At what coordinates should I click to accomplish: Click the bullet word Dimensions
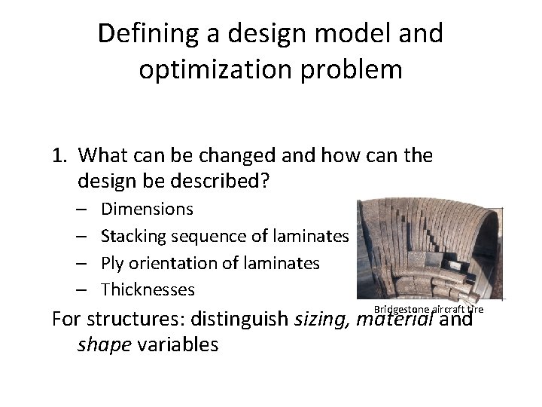click(147, 209)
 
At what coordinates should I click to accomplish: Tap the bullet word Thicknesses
click(148, 289)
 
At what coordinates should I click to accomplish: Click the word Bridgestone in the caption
click(399, 310)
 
